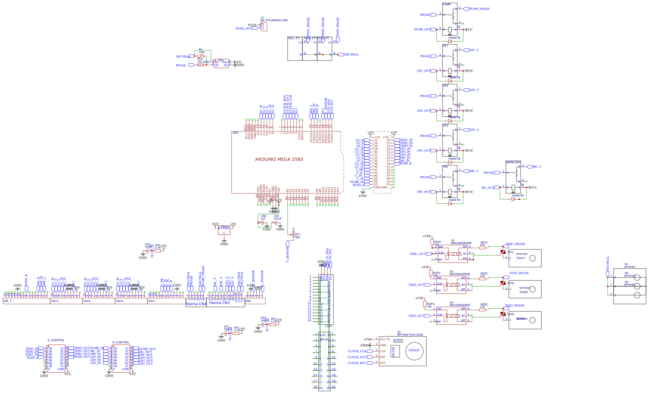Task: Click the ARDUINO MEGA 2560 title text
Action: [279, 159]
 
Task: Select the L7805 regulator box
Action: [224, 230]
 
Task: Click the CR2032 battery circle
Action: [414, 351]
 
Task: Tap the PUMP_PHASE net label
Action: [479, 9]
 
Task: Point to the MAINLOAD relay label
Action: [513, 162]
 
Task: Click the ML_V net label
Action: [537, 167]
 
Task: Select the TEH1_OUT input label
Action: [418, 254]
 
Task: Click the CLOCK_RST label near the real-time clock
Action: [357, 363]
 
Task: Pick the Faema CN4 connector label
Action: [196, 304]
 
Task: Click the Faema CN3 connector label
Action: [219, 303]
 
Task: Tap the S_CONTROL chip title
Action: [56, 340]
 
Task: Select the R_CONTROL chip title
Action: [121, 342]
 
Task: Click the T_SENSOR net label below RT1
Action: [288, 254]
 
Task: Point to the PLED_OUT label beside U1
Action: [244, 29]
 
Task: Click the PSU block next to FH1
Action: [221, 63]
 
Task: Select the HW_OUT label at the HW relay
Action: [424, 192]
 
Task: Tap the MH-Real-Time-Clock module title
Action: [410, 335]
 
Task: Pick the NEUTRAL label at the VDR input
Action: [183, 57]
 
